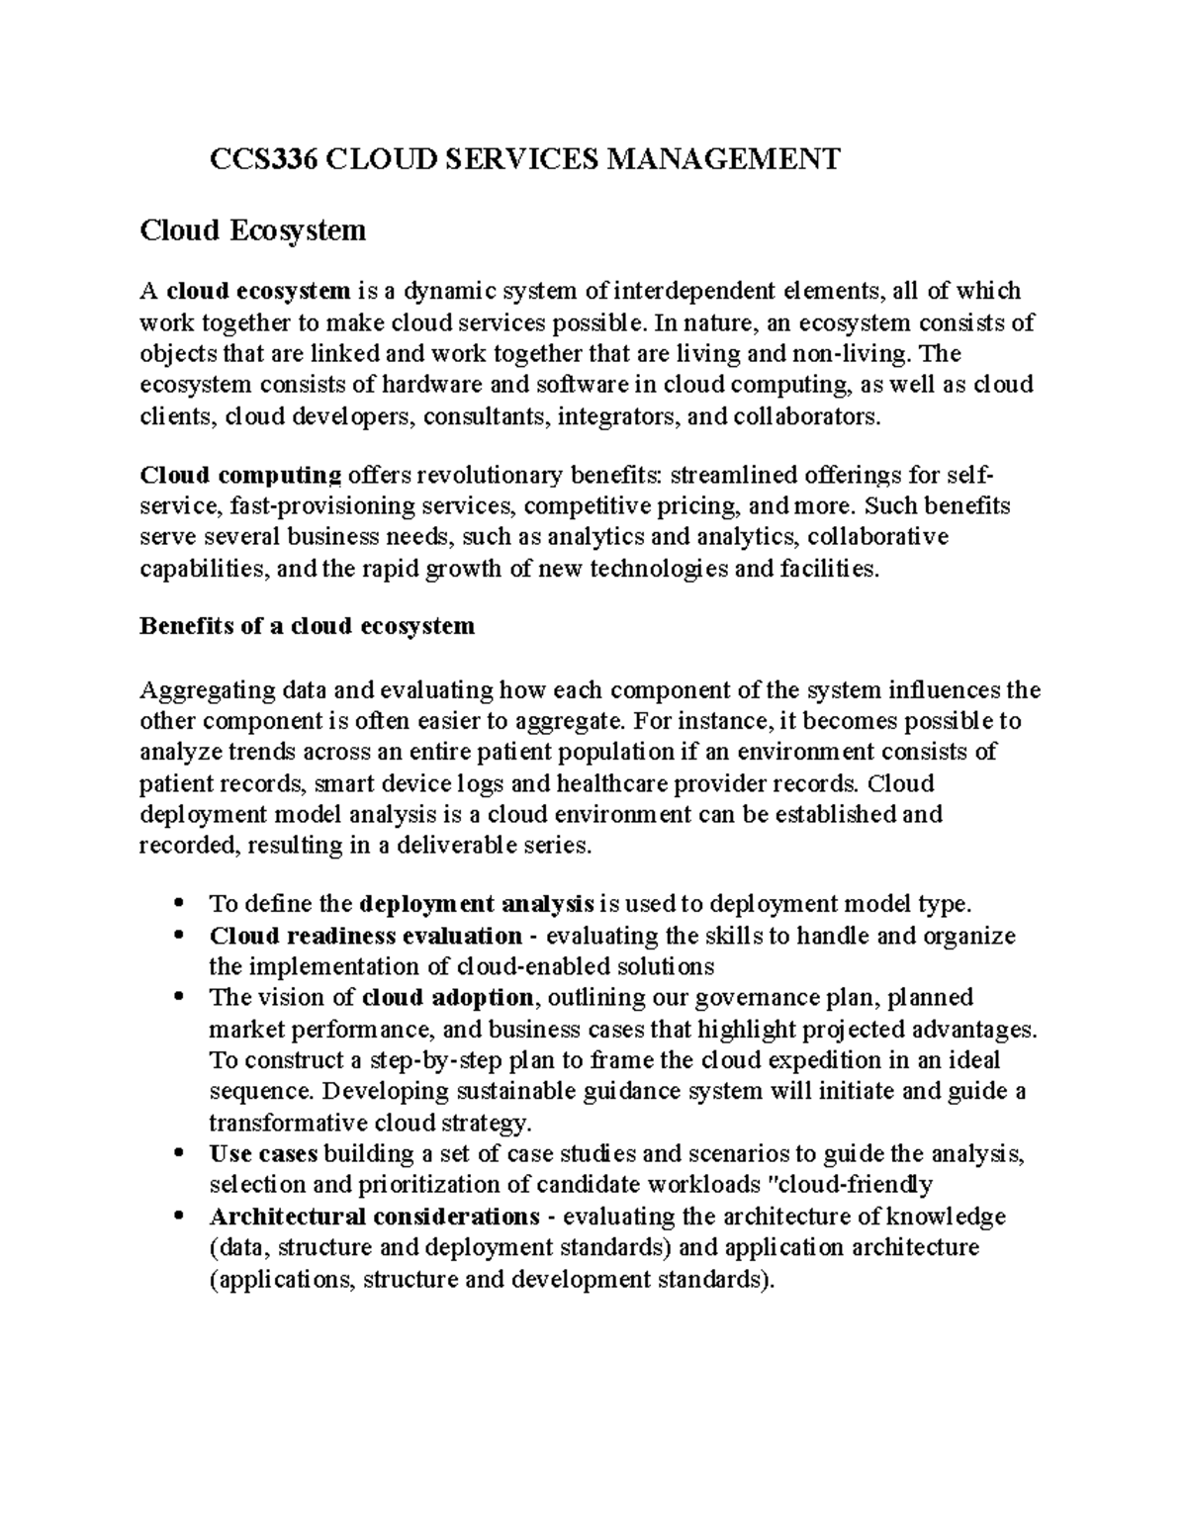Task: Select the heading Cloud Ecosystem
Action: [x=252, y=231]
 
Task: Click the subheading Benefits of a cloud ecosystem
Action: [x=308, y=626]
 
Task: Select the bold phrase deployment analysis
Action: [x=478, y=904]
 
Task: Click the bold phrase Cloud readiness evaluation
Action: [x=365, y=936]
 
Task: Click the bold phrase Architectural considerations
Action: [x=374, y=1216]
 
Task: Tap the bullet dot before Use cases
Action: [x=178, y=1153]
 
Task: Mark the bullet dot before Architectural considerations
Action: [x=178, y=1216]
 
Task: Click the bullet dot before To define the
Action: [x=178, y=904]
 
